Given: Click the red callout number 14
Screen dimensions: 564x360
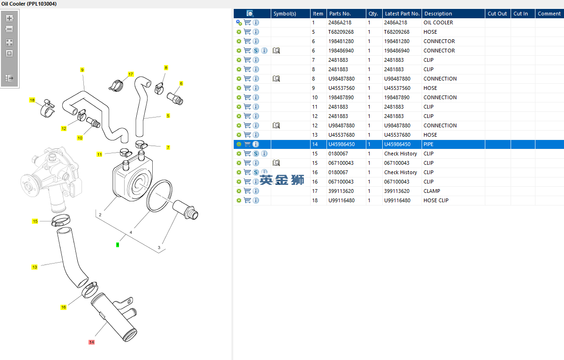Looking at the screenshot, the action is (91, 342).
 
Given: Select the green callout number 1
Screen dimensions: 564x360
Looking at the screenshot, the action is (118, 245).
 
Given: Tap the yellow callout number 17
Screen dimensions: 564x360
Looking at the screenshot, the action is (130, 74).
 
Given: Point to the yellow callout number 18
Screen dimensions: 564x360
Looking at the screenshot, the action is (32, 100).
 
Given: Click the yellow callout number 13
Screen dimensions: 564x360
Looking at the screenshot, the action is (35, 267).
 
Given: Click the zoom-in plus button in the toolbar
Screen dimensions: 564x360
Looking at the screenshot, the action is (9, 18).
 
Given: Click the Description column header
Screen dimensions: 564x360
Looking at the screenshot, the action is (438, 14).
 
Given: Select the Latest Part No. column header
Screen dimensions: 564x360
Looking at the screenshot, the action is (402, 14).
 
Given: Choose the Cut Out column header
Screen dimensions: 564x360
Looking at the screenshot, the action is (497, 14).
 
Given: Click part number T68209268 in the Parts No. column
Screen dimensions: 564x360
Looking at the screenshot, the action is (341, 32).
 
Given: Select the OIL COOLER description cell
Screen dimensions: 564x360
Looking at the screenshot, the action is (438, 22).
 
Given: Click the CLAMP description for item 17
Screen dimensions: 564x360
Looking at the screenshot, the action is (431, 191).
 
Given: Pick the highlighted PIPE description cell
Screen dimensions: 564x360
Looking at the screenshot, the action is (428, 144).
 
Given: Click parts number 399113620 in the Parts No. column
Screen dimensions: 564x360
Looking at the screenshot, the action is (341, 191).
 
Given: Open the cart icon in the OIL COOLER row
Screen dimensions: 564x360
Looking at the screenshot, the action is (247, 22).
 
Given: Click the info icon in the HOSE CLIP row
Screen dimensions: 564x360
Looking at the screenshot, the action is (256, 200).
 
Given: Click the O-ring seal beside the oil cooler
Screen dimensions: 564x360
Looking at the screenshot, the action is (159, 196).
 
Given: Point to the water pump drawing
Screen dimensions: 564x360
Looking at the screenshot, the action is (52, 179).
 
